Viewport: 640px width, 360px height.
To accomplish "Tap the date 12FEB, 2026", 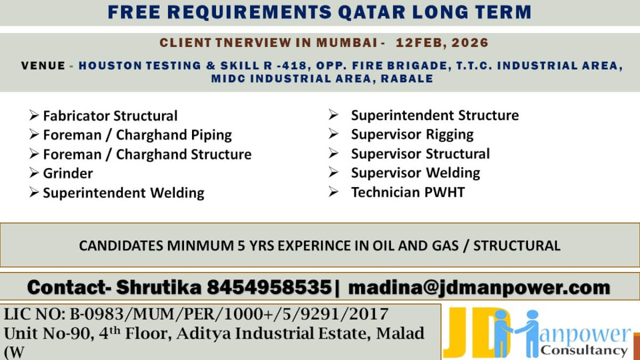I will tap(442, 42).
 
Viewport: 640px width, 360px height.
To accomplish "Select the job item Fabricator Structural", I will tap(110, 116).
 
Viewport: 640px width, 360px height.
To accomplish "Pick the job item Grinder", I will tap(68, 173).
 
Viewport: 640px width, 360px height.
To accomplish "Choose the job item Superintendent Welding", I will tap(123, 193).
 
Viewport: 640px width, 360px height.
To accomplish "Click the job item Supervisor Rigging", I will tap(412, 134).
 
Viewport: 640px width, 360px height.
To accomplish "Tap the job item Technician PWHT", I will tap(407, 192).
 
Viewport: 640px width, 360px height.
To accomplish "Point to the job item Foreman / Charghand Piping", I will tap(137, 135).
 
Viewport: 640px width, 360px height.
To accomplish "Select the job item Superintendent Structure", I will tap(434, 115).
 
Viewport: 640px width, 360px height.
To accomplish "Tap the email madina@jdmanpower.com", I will tap(479, 287).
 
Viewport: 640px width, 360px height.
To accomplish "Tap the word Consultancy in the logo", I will tap(583, 350).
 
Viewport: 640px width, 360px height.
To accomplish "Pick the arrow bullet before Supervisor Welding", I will tap(333, 173).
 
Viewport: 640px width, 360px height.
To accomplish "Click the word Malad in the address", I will tap(401, 334).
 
